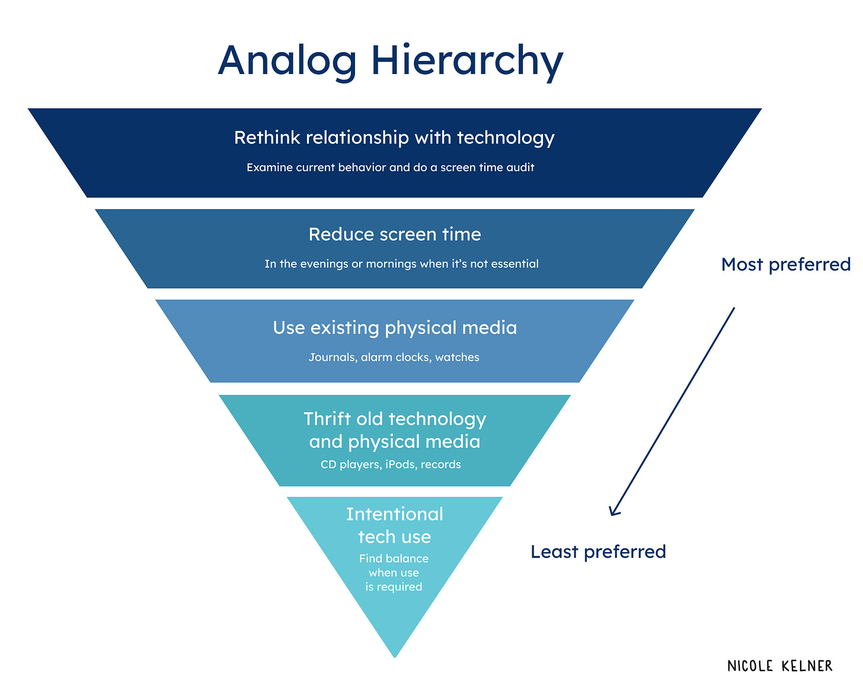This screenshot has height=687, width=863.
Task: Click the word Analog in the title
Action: pos(287,62)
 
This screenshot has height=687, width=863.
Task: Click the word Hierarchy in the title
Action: pos(467,62)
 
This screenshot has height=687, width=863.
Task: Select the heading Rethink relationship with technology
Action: pos(394,137)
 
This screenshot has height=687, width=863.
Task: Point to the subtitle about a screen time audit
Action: pos(391,168)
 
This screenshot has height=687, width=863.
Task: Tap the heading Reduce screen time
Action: pos(395,235)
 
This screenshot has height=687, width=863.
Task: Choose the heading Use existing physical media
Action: pos(395,328)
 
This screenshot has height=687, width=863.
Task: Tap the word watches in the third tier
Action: pos(457,357)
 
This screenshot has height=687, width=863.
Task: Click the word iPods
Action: pos(401,464)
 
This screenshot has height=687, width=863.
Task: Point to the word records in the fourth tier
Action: pos(441,464)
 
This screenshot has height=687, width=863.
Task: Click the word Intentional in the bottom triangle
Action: pos(395,514)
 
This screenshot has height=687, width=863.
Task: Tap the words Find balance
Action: pos(394,558)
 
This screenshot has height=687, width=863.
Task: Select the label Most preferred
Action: pos(786,264)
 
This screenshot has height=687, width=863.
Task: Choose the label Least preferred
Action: pos(598,552)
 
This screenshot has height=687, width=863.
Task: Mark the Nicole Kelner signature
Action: pos(779,666)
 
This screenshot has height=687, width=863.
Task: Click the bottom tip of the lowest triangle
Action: pos(395,655)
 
